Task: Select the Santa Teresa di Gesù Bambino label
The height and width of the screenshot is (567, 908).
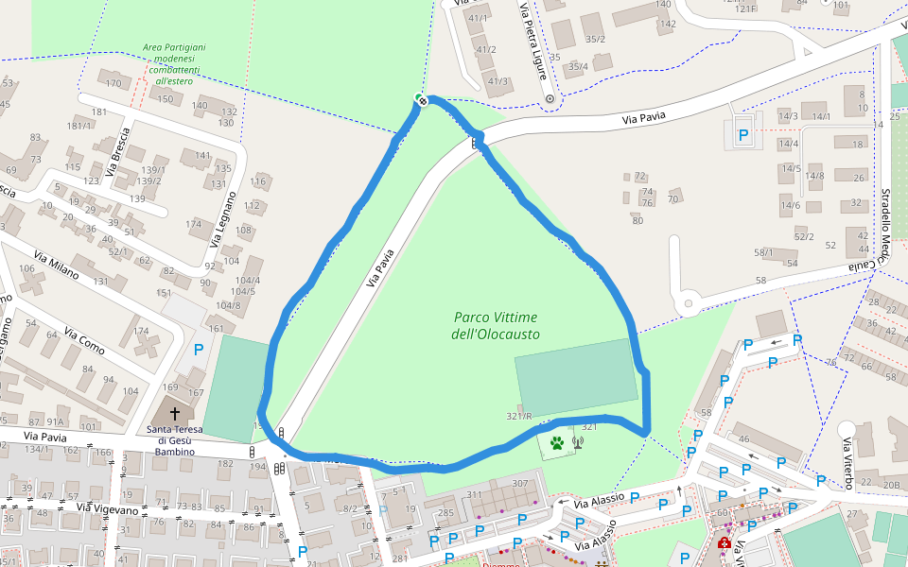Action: point(174,440)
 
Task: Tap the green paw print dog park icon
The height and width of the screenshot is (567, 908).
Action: point(557,441)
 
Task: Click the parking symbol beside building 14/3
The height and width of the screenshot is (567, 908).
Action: point(743,136)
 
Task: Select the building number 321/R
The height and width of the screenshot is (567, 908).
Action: point(519,416)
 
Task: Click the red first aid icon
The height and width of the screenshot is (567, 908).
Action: point(725,543)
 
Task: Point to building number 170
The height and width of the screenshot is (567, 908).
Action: point(114,83)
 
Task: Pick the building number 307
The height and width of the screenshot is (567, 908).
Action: point(520,484)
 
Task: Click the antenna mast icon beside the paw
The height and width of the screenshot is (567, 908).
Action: point(577,441)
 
